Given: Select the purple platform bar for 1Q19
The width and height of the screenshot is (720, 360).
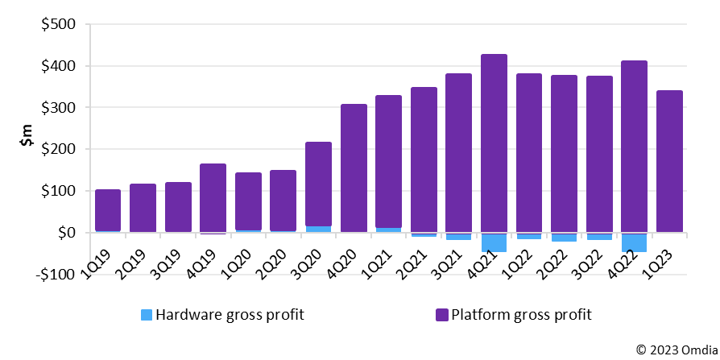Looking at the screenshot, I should [x=108, y=211].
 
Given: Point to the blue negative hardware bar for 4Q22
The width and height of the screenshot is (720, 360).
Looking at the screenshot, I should [x=634, y=242].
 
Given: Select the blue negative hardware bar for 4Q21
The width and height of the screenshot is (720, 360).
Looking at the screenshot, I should [x=494, y=242].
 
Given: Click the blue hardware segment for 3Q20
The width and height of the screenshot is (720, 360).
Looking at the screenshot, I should [x=318, y=230].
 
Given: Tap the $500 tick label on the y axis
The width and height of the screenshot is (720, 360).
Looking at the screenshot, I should [x=58, y=24].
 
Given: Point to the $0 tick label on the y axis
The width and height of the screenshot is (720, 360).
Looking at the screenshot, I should [x=64, y=233].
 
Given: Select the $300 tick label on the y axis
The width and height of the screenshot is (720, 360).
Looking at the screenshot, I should [x=58, y=108].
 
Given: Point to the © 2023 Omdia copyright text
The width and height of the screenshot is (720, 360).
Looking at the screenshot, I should [x=675, y=350].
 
